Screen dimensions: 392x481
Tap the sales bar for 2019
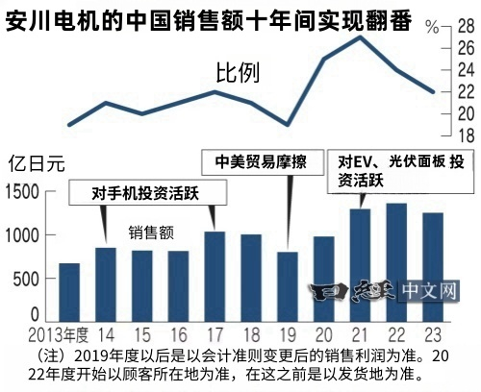(x=289, y=286)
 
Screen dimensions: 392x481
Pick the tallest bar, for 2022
(x=396, y=262)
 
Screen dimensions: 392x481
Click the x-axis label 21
(x=361, y=333)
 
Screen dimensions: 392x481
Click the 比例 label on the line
(x=236, y=71)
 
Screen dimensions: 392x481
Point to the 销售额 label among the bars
(x=150, y=232)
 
